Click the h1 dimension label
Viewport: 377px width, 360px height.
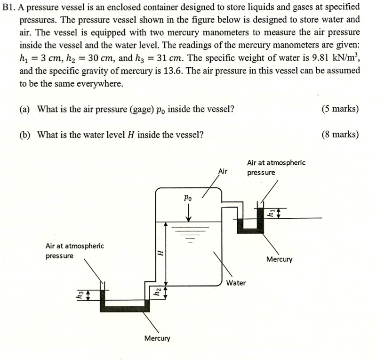270,213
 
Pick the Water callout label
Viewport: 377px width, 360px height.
235,283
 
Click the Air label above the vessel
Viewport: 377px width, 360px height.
223,171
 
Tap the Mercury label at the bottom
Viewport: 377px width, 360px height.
157,338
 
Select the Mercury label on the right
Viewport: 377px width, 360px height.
279,259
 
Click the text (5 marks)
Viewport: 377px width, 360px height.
340,109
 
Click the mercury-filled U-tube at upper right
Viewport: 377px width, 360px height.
250,227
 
